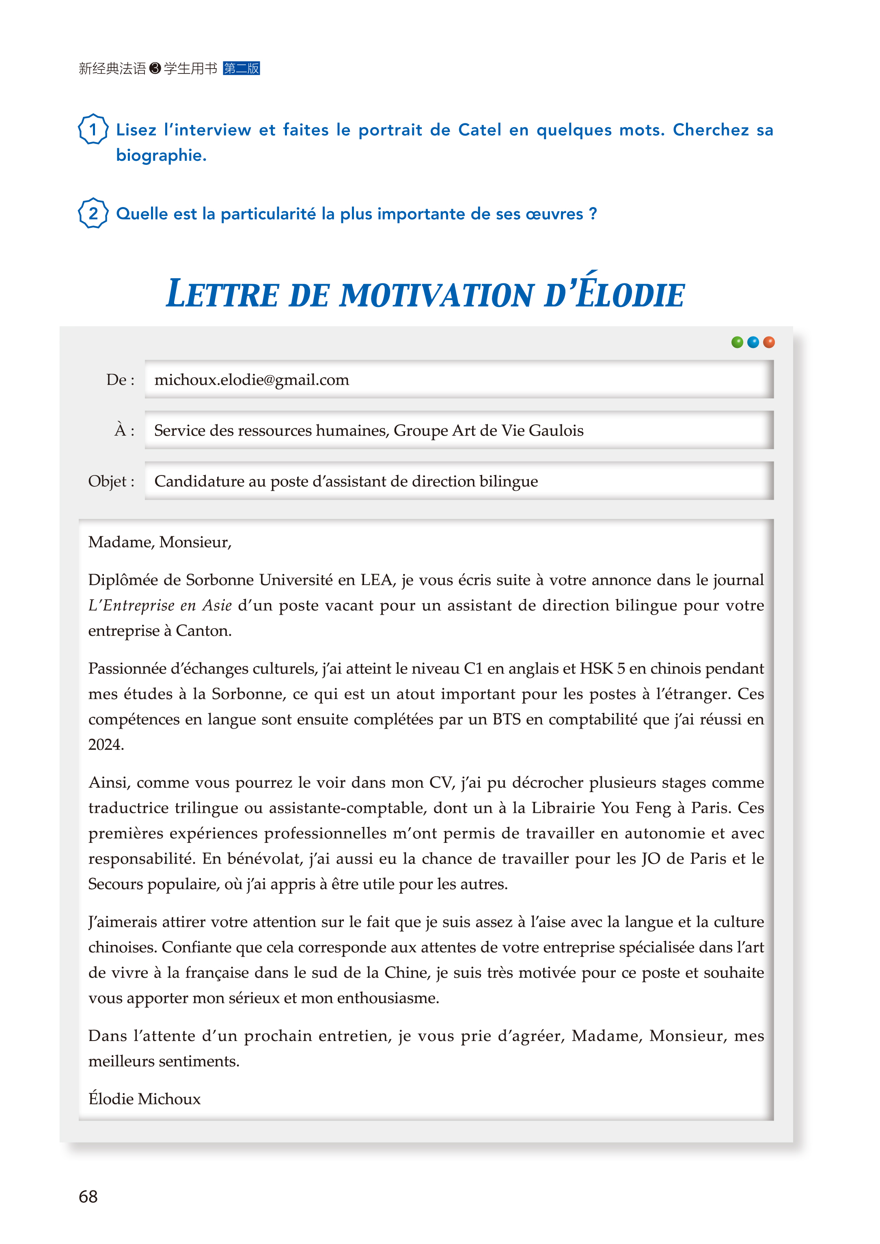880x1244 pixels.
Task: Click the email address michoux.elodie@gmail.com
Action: point(251,380)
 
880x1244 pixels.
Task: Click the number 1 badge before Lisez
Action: point(93,130)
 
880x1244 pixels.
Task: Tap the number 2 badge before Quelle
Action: point(93,214)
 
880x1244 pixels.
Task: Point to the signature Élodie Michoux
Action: point(144,1099)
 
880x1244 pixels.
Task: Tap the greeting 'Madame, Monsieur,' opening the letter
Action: point(160,542)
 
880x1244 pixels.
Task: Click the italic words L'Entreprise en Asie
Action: point(160,605)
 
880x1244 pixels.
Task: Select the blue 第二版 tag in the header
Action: point(241,68)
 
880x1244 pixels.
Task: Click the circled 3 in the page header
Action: point(155,68)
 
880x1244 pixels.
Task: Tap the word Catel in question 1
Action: point(479,130)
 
